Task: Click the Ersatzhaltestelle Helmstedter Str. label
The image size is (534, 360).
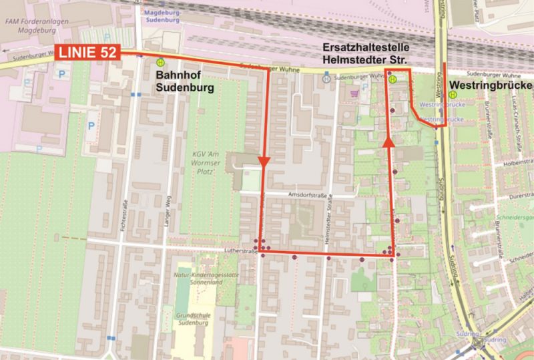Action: pyautogui.click(x=366, y=55)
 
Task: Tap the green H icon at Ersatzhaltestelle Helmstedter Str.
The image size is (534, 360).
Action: pyautogui.click(x=393, y=78)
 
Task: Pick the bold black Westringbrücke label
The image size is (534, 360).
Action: pyautogui.click(x=491, y=85)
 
